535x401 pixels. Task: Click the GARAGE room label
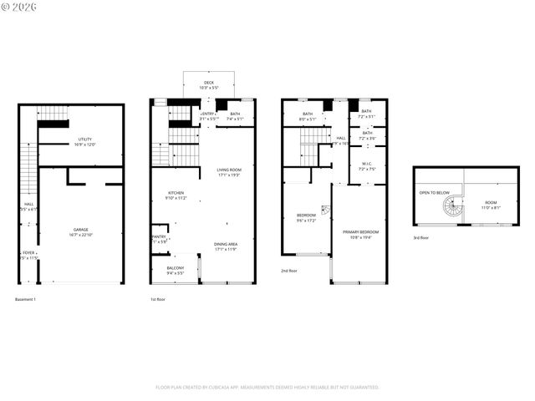80,230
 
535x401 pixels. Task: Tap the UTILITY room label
84,140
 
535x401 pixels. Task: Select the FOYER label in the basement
28,252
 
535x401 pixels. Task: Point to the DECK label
208,83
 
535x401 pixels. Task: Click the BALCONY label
175,268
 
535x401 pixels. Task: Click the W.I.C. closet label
366,163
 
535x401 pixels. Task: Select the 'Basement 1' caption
25,299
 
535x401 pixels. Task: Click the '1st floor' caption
158,299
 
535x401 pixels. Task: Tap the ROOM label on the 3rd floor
491,202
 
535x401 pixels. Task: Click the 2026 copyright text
16,7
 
